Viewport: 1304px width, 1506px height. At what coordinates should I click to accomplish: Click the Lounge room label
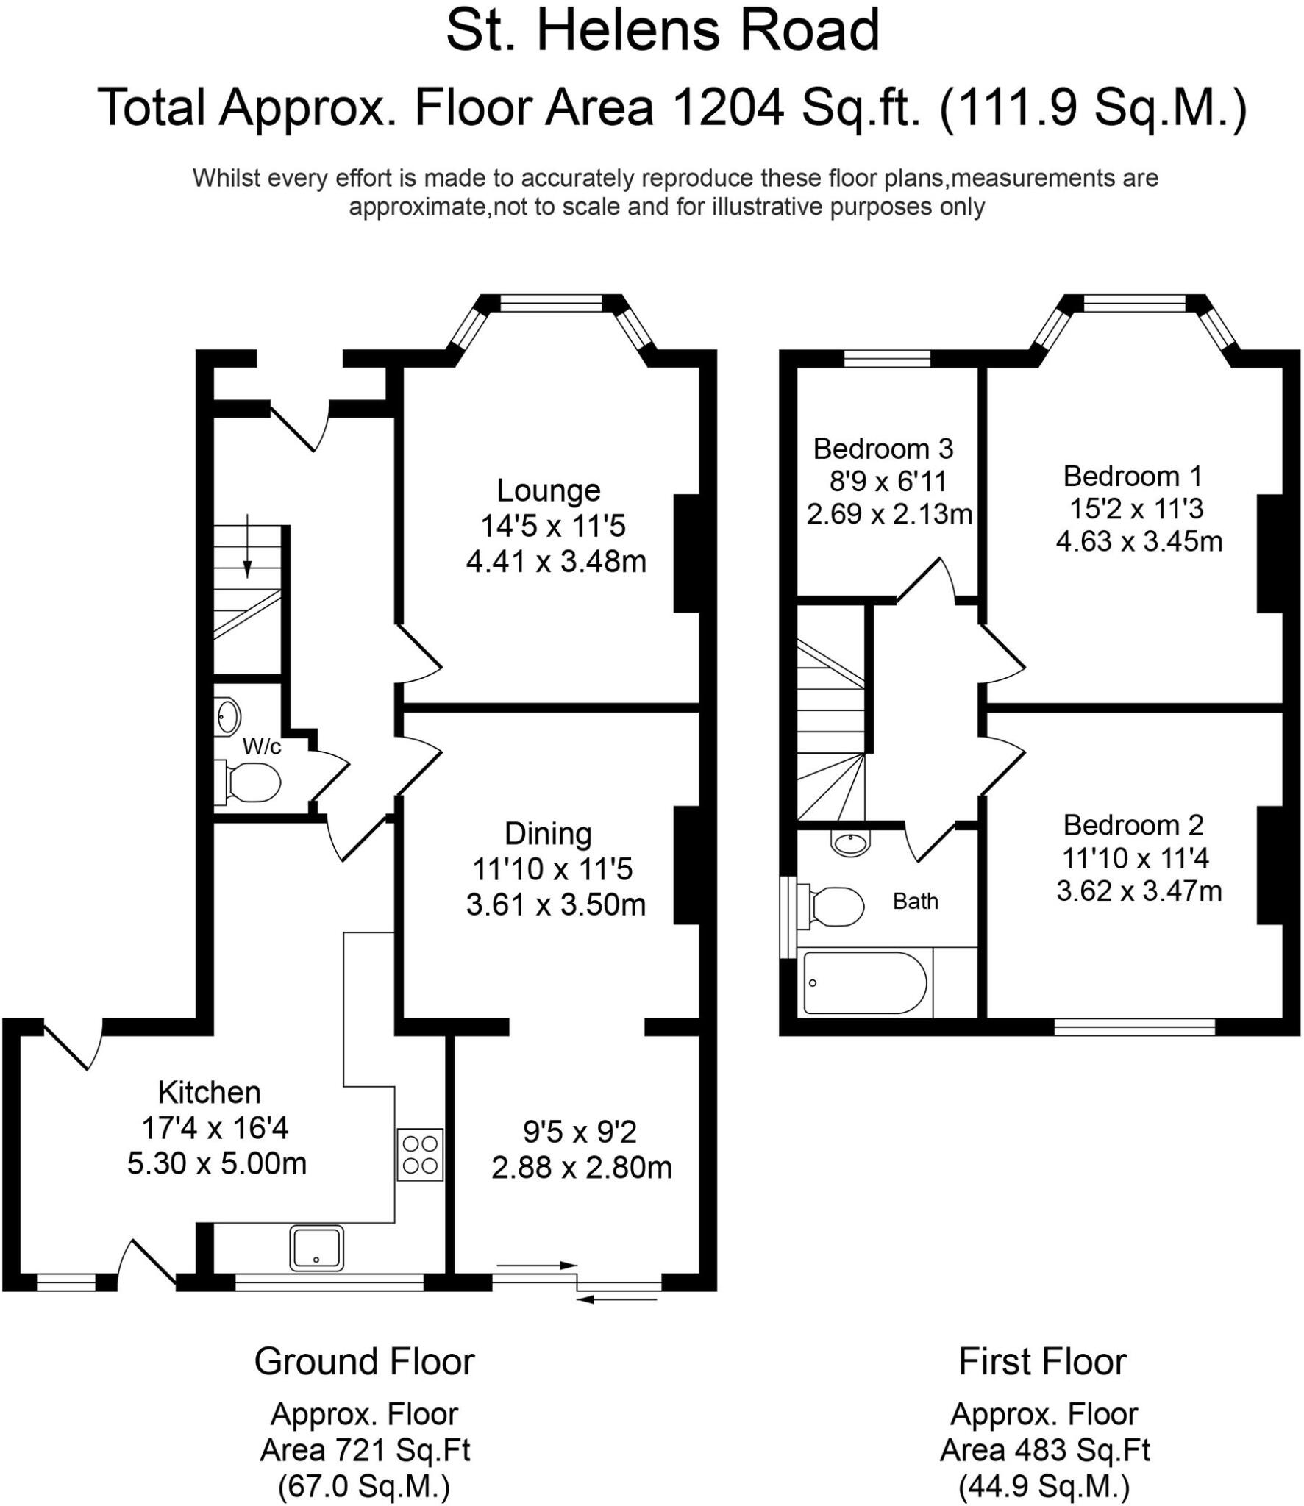pyautogui.click(x=549, y=490)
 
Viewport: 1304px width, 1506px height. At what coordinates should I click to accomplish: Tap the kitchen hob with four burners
pyautogui.click(x=420, y=1155)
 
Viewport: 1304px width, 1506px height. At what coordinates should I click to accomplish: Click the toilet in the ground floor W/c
pyautogui.click(x=250, y=782)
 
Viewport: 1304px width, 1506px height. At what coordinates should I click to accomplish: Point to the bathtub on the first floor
pyautogui.click(x=864, y=983)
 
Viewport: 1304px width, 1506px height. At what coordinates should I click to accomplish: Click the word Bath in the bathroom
pyautogui.click(x=915, y=901)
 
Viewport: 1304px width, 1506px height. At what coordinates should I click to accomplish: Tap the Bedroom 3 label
pyautogui.click(x=883, y=448)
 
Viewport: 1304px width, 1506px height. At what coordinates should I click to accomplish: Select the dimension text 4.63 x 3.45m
pyautogui.click(x=1139, y=542)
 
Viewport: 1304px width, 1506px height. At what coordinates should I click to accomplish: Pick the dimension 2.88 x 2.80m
pyautogui.click(x=581, y=1167)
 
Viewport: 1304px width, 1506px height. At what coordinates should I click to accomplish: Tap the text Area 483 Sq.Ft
pyautogui.click(x=1044, y=1450)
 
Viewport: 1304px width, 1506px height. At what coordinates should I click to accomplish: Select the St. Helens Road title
pyautogui.click(x=662, y=31)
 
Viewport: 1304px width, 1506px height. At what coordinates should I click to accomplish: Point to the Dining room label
pyautogui.click(x=548, y=834)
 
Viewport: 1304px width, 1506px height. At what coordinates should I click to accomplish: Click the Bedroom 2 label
pyautogui.click(x=1133, y=825)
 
